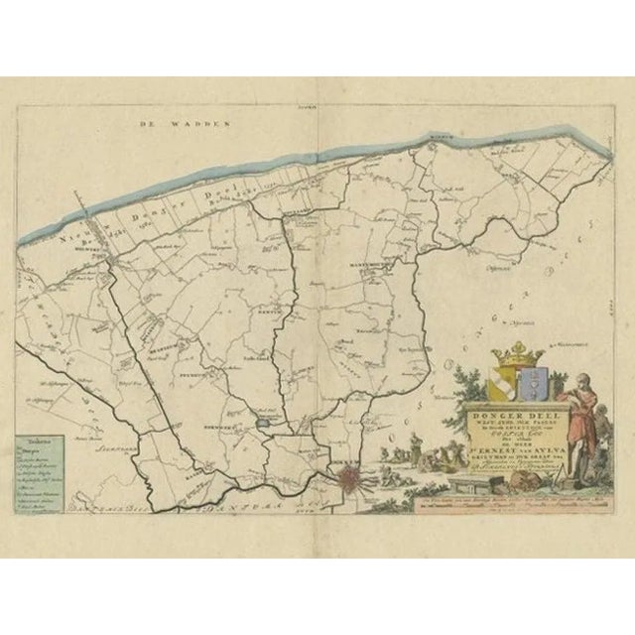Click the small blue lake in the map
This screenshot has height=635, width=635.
263,426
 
